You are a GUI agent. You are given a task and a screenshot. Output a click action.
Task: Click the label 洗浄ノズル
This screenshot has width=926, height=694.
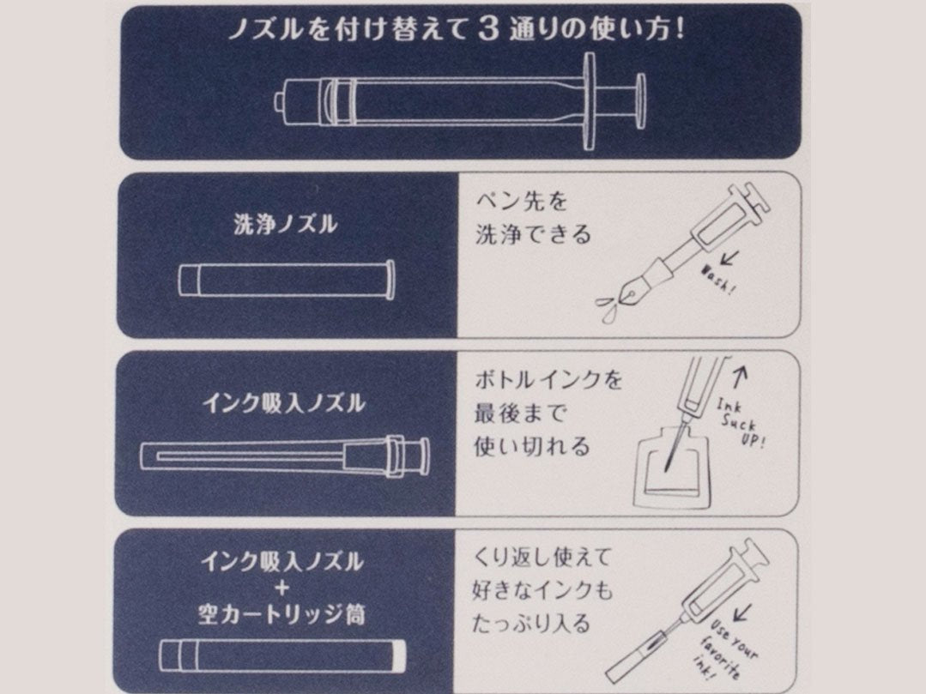pyautogui.click(x=285, y=224)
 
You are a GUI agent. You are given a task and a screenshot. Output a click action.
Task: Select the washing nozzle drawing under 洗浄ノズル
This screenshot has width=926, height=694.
pyautogui.click(x=287, y=279)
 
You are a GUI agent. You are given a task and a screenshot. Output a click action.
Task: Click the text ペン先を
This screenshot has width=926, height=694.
pyautogui.click(x=522, y=202)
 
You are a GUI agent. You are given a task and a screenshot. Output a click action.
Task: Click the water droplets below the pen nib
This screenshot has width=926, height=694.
pyautogui.click(x=607, y=308)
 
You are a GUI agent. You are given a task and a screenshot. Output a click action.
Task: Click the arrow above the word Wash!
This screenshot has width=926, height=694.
pyautogui.click(x=730, y=258)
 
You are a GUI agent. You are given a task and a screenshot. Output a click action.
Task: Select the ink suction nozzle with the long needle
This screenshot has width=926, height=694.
pyautogui.click(x=285, y=456)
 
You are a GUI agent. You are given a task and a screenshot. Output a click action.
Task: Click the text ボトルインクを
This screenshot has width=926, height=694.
pyautogui.click(x=548, y=379)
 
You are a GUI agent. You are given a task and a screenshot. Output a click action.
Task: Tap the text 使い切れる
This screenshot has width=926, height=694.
pyautogui.click(x=532, y=446)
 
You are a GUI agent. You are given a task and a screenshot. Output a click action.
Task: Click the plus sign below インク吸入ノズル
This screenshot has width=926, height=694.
pyautogui.click(x=282, y=588)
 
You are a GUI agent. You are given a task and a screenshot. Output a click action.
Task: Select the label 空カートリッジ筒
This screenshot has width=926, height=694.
pyautogui.click(x=281, y=614)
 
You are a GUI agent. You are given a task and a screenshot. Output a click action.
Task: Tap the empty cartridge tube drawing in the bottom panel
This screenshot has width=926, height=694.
pyautogui.click(x=283, y=655)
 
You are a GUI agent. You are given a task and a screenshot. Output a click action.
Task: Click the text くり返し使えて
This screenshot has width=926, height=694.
pyautogui.click(x=542, y=557)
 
